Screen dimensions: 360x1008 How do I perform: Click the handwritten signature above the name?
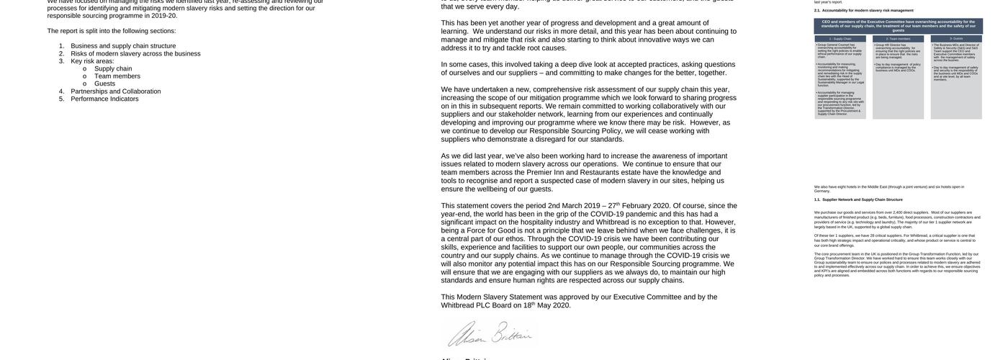click(489, 333)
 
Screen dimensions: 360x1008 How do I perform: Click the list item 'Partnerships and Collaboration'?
click(115, 91)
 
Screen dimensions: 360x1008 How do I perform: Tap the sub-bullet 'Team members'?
click(117, 76)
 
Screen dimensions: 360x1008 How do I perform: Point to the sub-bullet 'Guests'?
click(104, 84)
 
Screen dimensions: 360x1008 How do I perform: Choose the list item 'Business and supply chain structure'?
click(123, 46)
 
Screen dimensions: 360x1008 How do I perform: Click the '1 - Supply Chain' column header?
click(840, 38)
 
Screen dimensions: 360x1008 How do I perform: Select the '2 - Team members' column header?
click(898, 38)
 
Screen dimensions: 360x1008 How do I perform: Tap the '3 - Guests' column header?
click(956, 38)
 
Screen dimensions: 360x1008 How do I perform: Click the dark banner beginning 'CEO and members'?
click(898, 26)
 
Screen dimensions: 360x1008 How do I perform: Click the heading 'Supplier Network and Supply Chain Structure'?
click(863, 199)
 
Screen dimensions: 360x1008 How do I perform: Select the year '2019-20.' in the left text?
click(164, 15)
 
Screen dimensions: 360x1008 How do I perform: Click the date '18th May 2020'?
click(547, 305)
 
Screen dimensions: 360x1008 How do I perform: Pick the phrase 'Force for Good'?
click(495, 230)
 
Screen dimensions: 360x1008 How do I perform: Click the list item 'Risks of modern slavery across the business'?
click(135, 53)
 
